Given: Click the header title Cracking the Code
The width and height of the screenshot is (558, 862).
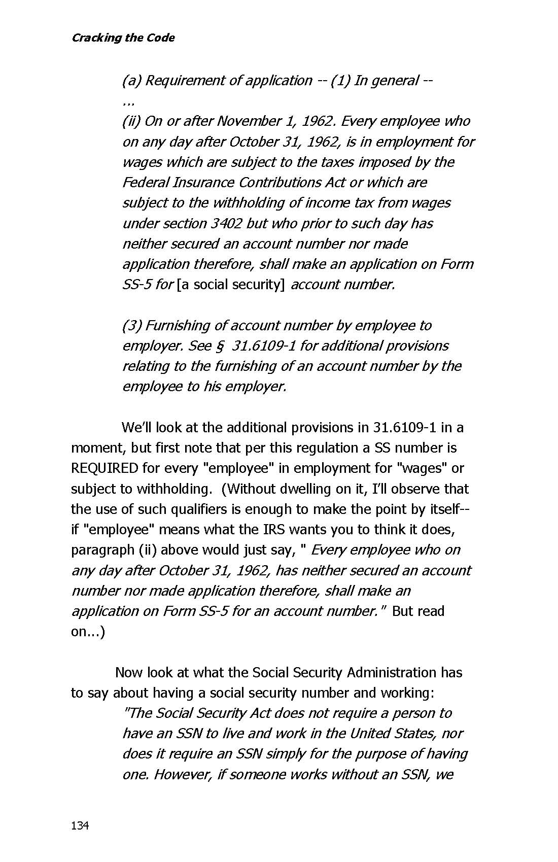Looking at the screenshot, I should pyautogui.click(x=123, y=38).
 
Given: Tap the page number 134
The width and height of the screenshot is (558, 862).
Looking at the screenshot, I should pyautogui.click(x=80, y=825).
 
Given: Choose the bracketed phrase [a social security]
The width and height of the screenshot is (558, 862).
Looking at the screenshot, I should pyautogui.click(x=231, y=285).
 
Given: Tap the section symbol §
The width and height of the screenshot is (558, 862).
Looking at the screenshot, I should pyautogui.click(x=220, y=346).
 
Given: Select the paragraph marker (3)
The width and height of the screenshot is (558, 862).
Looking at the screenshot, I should pyautogui.click(x=131, y=326).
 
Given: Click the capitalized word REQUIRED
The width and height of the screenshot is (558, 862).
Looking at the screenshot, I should pyautogui.click(x=104, y=468).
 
